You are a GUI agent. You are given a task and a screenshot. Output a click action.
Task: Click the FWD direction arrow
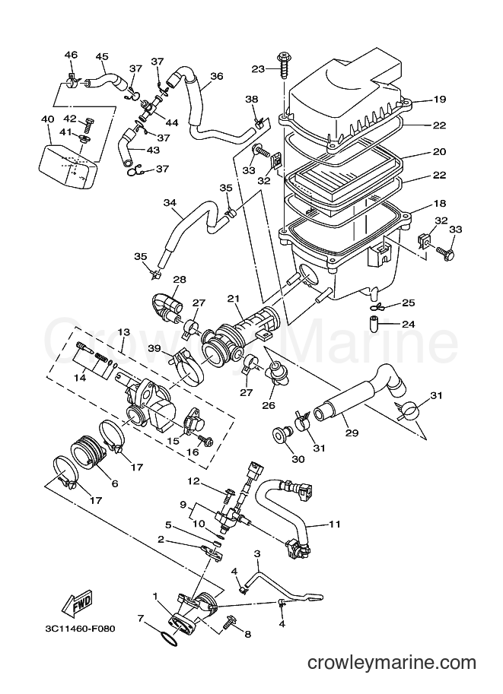78,604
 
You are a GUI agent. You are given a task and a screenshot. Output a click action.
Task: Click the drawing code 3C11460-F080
80,629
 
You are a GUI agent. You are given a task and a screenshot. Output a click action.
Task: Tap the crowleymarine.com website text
392,663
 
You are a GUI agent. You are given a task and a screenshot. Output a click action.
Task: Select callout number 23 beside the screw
258,68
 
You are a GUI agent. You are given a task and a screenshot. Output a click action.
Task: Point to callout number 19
439,99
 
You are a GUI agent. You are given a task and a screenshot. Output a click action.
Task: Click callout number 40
47,119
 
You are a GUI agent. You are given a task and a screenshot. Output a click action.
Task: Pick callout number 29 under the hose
352,433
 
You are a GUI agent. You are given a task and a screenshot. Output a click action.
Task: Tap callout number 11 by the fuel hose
335,524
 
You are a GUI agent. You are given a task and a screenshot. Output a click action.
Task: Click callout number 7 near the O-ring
140,617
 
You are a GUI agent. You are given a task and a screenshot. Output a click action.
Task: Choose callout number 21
233,298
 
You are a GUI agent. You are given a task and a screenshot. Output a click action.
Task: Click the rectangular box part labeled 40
68,163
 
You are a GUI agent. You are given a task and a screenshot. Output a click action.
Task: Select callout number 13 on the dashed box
123,332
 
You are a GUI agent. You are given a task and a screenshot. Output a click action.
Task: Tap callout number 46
71,55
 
